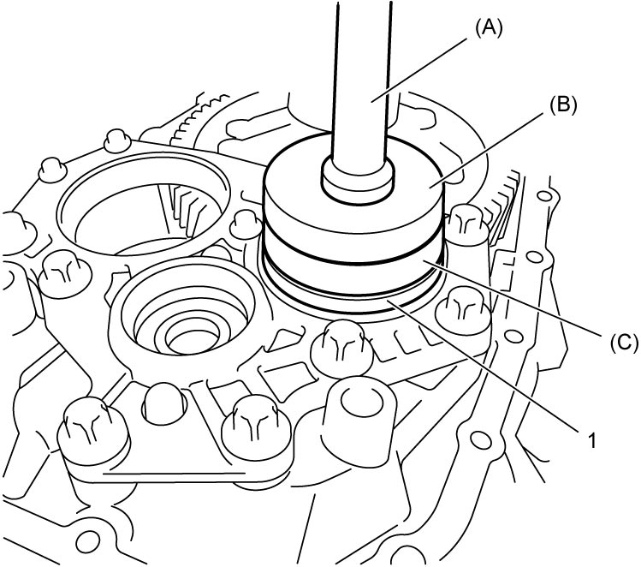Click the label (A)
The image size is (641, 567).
pos(488,29)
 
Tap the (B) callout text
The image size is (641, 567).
pos(563,104)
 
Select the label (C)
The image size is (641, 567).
pos(624,342)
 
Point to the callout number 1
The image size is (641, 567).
pos(591,441)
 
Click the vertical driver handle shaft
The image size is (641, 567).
pos(362,82)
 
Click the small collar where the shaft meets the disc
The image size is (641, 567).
pos(358,180)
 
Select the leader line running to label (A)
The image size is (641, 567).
pos(420,69)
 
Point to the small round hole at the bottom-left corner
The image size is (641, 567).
pos(87,540)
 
